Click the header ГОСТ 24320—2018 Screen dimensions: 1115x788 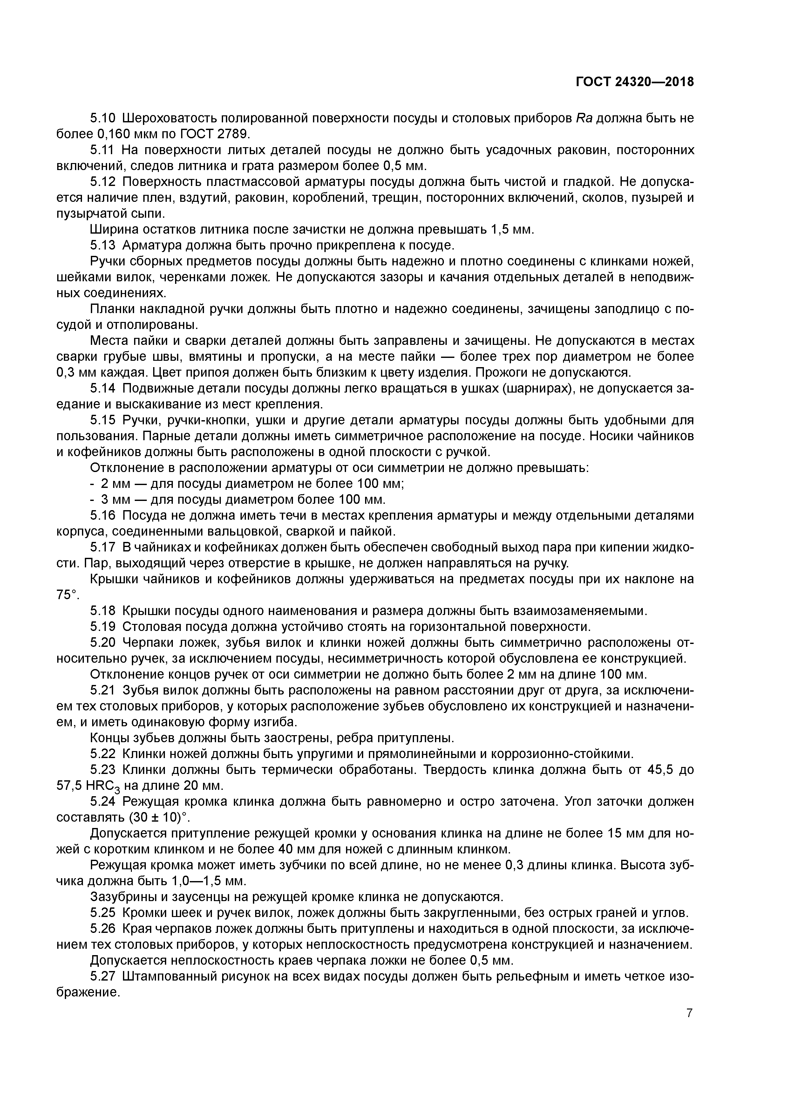coord(635,82)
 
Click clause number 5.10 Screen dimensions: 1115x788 coord(103,118)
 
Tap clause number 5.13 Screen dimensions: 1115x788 coord(103,245)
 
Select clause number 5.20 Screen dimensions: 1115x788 coord(103,643)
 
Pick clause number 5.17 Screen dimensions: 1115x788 coord(103,547)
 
